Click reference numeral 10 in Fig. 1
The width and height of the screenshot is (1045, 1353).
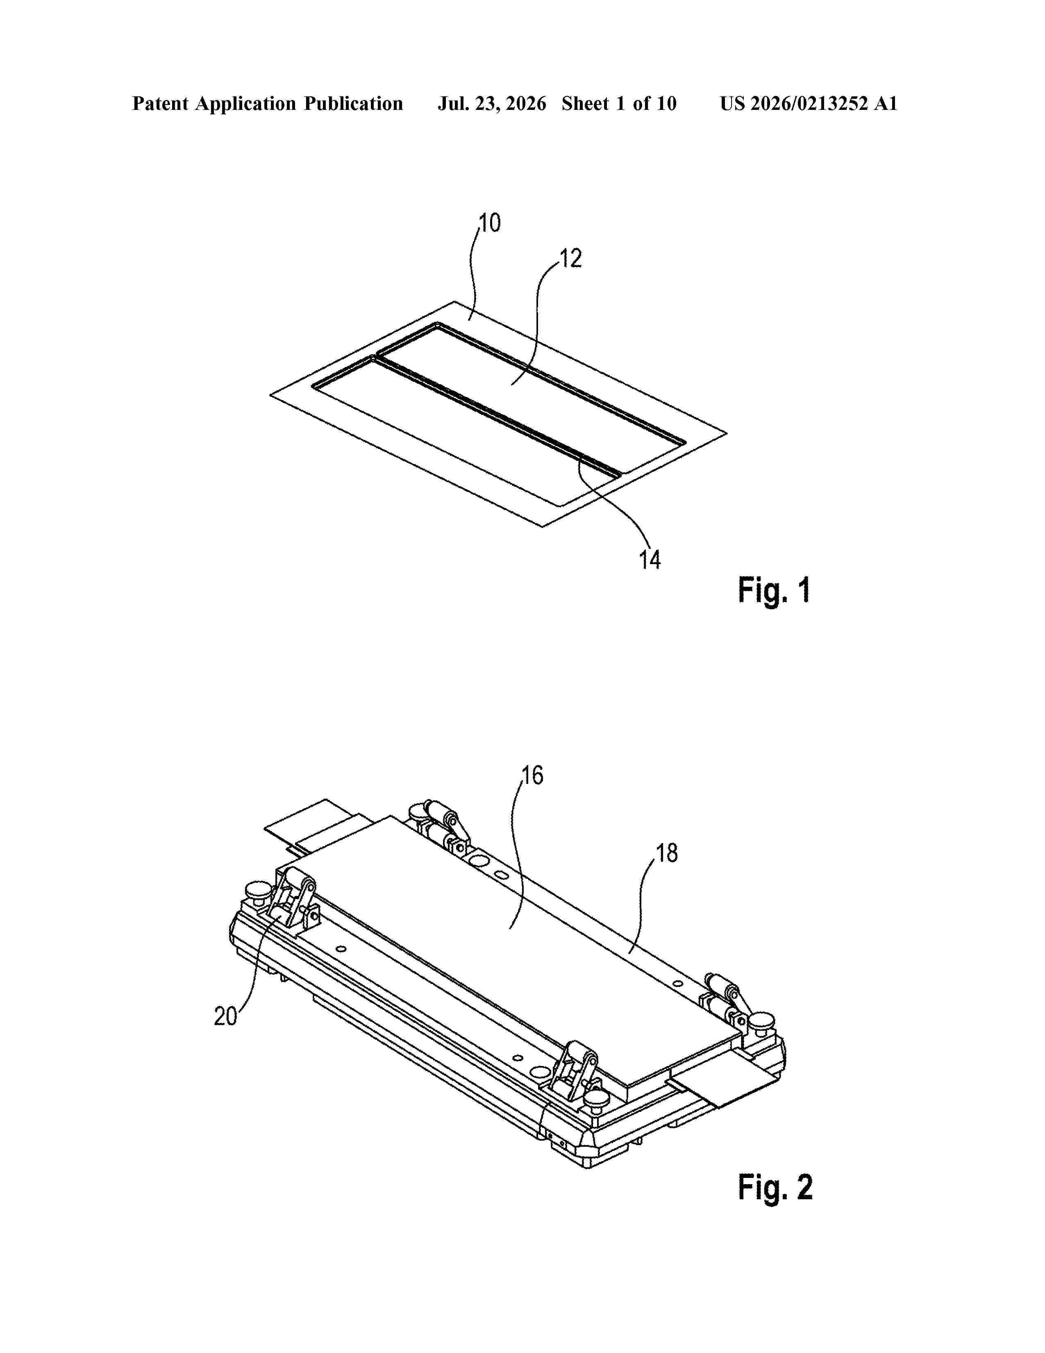pyautogui.click(x=490, y=223)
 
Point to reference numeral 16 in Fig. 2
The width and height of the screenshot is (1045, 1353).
pyautogui.click(x=532, y=776)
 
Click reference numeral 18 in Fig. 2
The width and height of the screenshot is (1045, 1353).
pyautogui.click(x=667, y=854)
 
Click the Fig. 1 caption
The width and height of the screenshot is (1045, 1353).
pyautogui.click(x=774, y=590)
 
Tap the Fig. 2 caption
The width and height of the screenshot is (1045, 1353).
pyautogui.click(x=775, y=1188)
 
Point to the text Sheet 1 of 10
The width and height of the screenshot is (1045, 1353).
pyautogui.click(x=619, y=103)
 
